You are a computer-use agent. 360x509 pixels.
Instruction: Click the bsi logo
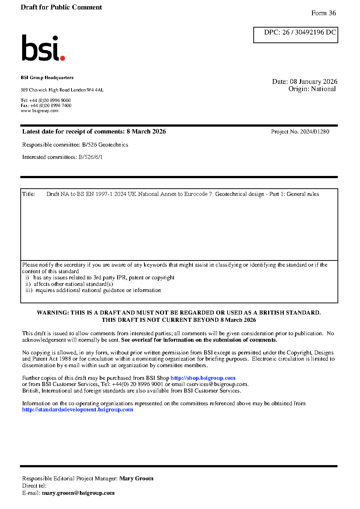pyautogui.click(x=43, y=48)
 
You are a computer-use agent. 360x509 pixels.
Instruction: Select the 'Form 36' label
pyautogui.click(x=323, y=13)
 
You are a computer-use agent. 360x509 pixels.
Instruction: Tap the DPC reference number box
pyautogui.click(x=295, y=35)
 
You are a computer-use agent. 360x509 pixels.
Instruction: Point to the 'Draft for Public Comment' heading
pyautogui.click(x=61, y=7)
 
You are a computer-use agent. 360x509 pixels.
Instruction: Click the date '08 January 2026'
pyautogui.click(x=314, y=82)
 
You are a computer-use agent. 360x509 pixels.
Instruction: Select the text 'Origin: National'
pyautogui.click(x=312, y=89)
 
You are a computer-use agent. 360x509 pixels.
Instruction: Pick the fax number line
pyautogui.click(x=46, y=106)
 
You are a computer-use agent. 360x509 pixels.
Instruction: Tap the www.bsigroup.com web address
pyautogui.click(x=40, y=111)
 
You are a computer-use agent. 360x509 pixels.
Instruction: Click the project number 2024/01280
pyautogui.click(x=315, y=132)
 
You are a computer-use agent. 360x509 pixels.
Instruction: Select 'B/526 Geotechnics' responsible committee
pyautogui.click(x=105, y=145)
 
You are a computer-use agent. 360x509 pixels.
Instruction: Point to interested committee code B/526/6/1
pyautogui.click(x=90, y=157)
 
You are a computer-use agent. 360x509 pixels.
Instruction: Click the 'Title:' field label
pyautogui.click(x=29, y=194)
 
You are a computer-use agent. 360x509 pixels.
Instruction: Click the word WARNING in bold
pyautogui.click(x=52, y=313)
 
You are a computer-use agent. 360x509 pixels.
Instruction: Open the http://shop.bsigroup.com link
pyautogui.click(x=203, y=378)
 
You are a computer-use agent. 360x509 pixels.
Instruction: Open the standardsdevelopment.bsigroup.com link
pyautogui.click(x=78, y=410)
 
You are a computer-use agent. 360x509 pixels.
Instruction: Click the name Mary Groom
pyautogui.click(x=136, y=479)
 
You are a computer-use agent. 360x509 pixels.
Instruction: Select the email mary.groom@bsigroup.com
pyautogui.click(x=78, y=493)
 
